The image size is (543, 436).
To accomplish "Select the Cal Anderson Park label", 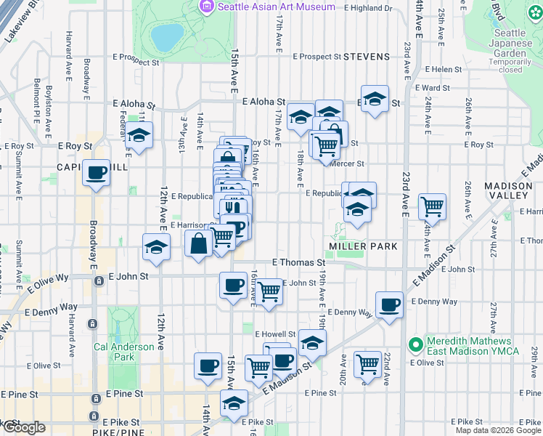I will tap(124, 352).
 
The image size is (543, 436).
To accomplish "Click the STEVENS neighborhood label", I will tap(367, 56).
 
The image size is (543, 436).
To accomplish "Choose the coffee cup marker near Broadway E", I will tap(96, 173).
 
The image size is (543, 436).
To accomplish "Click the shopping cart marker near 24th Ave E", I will tap(433, 206).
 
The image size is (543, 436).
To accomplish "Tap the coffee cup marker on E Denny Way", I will tap(389, 304).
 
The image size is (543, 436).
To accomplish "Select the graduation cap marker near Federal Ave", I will tap(137, 136).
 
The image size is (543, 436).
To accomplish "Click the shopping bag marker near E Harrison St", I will tap(198, 244).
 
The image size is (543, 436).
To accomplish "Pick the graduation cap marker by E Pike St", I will tap(234, 403).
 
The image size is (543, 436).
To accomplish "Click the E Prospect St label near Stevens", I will tap(317, 56).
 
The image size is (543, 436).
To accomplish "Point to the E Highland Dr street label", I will tap(367, 8).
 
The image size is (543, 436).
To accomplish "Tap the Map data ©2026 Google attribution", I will tap(497, 430).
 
